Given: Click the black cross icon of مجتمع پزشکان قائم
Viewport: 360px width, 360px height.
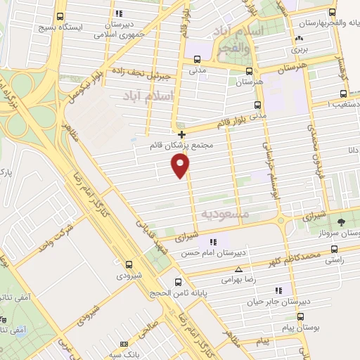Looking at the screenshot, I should tap(182, 134).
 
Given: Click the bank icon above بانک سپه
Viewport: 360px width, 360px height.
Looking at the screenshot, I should tap(124, 345).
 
